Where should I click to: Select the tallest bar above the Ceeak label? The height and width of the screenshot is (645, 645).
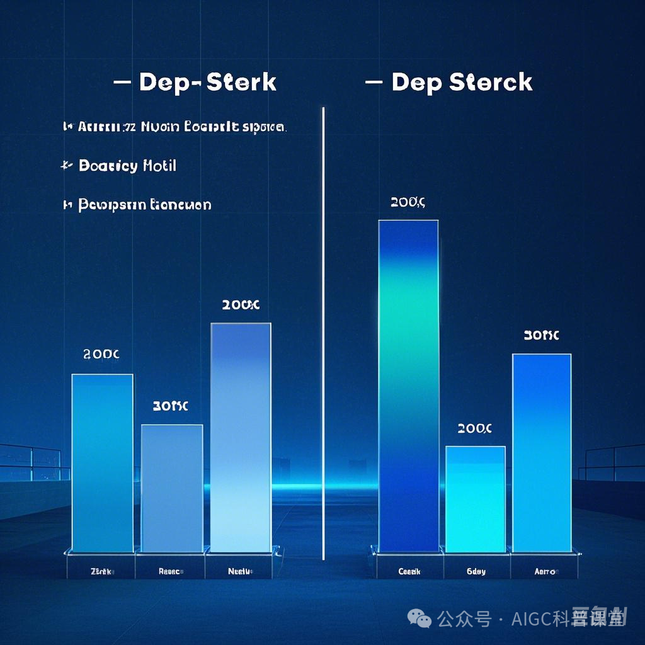click(408, 384)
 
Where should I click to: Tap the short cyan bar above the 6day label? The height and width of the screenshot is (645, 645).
click(475, 498)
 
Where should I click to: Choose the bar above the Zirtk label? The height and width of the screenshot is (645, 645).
click(102, 463)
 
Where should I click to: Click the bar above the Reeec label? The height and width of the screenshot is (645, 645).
click(171, 488)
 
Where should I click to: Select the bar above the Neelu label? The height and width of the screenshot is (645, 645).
click(241, 438)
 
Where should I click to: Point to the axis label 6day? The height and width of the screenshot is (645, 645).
click(476, 572)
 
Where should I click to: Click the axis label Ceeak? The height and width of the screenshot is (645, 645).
click(409, 572)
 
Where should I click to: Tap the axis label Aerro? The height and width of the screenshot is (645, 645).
click(544, 572)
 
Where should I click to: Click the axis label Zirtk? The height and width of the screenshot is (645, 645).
click(101, 572)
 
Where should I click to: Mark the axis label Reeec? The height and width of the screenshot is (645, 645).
click(171, 572)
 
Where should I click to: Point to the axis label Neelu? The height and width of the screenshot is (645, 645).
click(240, 572)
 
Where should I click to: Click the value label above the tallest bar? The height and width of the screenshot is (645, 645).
click(408, 203)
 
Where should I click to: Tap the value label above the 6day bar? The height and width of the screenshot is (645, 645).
click(474, 429)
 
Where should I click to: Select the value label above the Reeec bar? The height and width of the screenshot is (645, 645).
click(170, 407)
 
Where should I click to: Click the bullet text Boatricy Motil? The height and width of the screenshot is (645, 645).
click(127, 166)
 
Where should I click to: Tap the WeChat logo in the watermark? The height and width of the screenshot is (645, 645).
click(420, 619)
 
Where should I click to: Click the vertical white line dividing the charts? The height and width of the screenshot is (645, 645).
click(323, 334)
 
